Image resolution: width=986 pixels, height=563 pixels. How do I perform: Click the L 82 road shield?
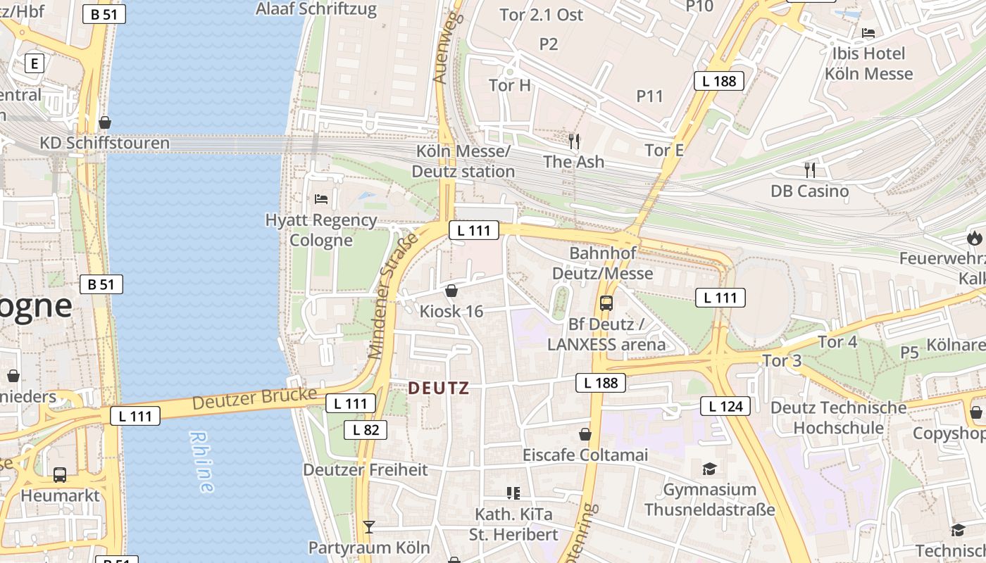[366, 429]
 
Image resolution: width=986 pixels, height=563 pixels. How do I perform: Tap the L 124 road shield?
[725, 406]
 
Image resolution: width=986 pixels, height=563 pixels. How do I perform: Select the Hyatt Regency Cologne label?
[321, 230]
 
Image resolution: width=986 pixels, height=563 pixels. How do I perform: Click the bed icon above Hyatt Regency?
[321, 199]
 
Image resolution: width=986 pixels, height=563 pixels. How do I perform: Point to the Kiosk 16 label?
[451, 311]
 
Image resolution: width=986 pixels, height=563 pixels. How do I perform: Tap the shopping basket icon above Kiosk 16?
[451, 291]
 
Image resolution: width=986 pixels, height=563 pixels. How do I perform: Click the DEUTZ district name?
[438, 388]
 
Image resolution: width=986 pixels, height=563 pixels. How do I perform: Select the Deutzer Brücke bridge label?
[254, 399]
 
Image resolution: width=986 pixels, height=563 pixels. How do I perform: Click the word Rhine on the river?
[201, 461]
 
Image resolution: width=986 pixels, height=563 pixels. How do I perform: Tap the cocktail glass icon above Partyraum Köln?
[368, 526]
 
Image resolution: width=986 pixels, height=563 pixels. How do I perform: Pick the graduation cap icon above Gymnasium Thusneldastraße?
[709, 469]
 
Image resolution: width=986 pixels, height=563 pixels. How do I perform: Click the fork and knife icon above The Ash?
[574, 141]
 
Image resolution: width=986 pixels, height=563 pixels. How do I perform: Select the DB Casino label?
[809, 191]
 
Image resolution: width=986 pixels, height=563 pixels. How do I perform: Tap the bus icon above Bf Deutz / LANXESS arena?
[606, 303]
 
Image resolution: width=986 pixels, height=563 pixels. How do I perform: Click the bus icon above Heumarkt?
[60, 475]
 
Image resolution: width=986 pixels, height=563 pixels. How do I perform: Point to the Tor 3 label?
[782, 361]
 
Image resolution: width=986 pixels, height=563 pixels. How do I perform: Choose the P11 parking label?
[649, 96]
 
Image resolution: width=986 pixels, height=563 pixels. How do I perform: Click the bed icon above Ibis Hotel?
[868, 33]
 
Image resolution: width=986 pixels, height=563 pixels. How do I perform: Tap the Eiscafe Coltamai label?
[585, 455]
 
